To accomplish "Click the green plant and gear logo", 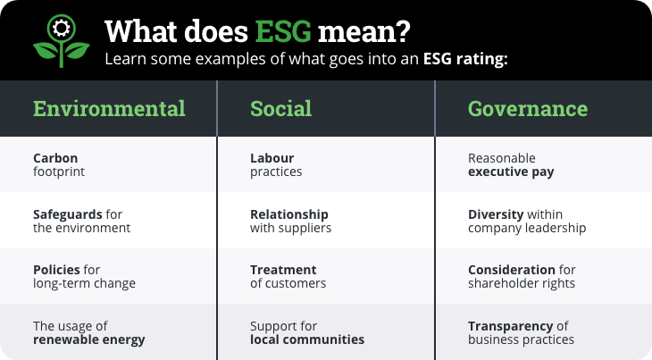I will [x=61, y=40].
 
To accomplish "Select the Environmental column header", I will [x=109, y=109].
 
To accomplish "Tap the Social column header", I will [x=280, y=109].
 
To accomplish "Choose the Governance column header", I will [x=528, y=109].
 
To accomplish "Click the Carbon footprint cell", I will [x=59, y=165].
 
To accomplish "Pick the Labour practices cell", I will [x=276, y=165].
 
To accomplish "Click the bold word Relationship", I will [x=289, y=214].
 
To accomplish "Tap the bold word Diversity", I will [x=494, y=214].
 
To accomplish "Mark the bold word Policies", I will [x=56, y=270].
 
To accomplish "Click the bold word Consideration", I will [x=512, y=270].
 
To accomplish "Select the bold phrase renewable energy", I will [x=89, y=339].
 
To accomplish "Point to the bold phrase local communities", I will [x=307, y=339].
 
